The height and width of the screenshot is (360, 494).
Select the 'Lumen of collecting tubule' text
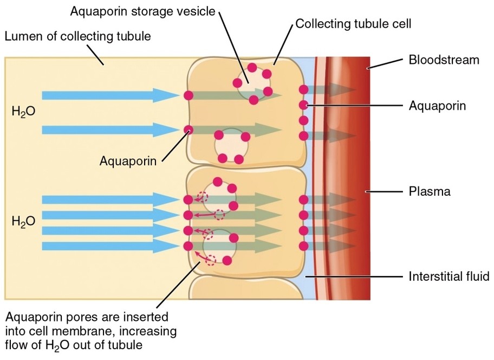[77, 37]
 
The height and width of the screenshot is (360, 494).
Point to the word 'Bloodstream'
[444, 60]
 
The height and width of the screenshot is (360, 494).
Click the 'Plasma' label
[429, 191]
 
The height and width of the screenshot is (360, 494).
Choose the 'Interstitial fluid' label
[449, 277]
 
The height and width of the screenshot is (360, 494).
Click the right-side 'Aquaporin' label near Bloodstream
[437, 105]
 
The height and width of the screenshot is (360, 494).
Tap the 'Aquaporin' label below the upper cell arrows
[128, 160]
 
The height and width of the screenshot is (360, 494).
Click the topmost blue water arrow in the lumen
[108, 95]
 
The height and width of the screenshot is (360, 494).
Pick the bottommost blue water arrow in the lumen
[108, 247]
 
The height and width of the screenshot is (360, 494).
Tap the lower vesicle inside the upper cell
[232, 146]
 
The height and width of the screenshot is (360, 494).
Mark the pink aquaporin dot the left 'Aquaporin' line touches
[188, 130]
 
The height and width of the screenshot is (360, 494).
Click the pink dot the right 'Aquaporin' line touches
[303, 105]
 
